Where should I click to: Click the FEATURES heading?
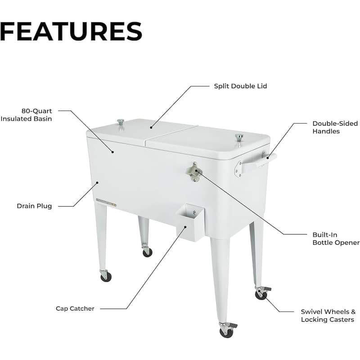(x=71, y=31)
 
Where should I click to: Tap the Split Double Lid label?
(x=240, y=86)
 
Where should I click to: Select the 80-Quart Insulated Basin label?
(x=26, y=115)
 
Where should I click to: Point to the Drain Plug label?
(x=35, y=206)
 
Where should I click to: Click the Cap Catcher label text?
(x=75, y=308)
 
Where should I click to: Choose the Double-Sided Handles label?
(x=335, y=127)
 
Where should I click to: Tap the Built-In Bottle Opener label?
(x=336, y=239)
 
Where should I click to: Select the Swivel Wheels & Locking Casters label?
(x=328, y=316)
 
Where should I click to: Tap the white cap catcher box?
(x=190, y=222)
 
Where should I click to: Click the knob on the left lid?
(x=121, y=122)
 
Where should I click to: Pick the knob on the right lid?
(x=239, y=138)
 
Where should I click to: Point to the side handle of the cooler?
(x=256, y=162)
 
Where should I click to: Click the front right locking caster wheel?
(x=227, y=330)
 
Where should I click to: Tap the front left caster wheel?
(x=106, y=276)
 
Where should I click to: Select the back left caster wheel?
(x=147, y=252)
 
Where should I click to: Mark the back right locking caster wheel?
(x=262, y=293)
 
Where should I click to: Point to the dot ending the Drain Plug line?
(x=97, y=183)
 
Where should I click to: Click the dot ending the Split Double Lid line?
(x=151, y=127)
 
